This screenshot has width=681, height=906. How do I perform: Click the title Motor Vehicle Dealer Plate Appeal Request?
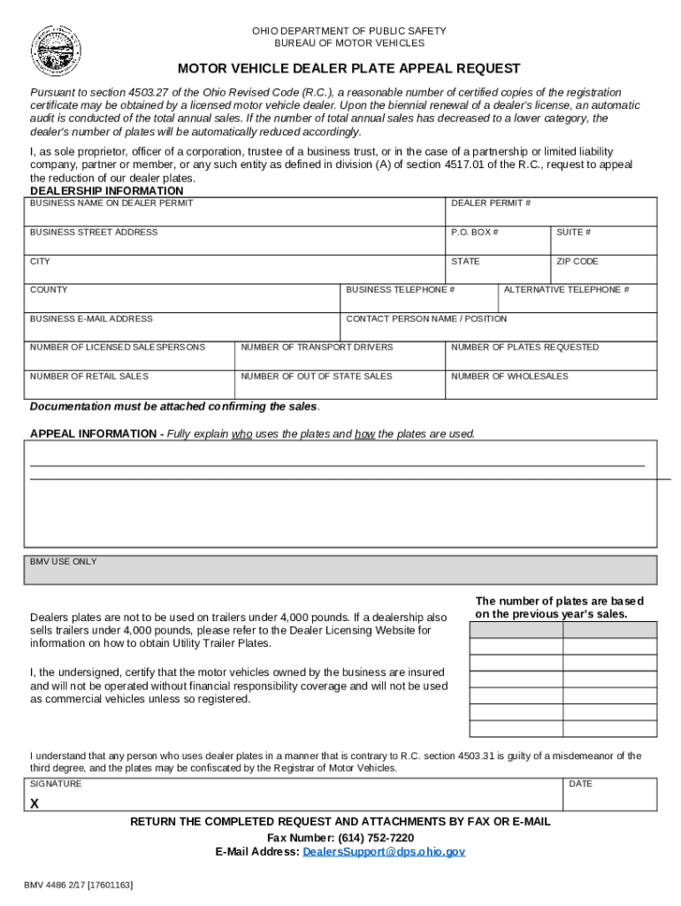pyautogui.click(x=349, y=69)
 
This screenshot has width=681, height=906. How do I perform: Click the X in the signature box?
pyautogui.click(x=34, y=804)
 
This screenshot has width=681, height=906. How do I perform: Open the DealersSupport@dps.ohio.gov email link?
pyautogui.click(x=383, y=852)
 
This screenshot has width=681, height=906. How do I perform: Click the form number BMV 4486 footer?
pyautogui.click(x=79, y=884)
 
